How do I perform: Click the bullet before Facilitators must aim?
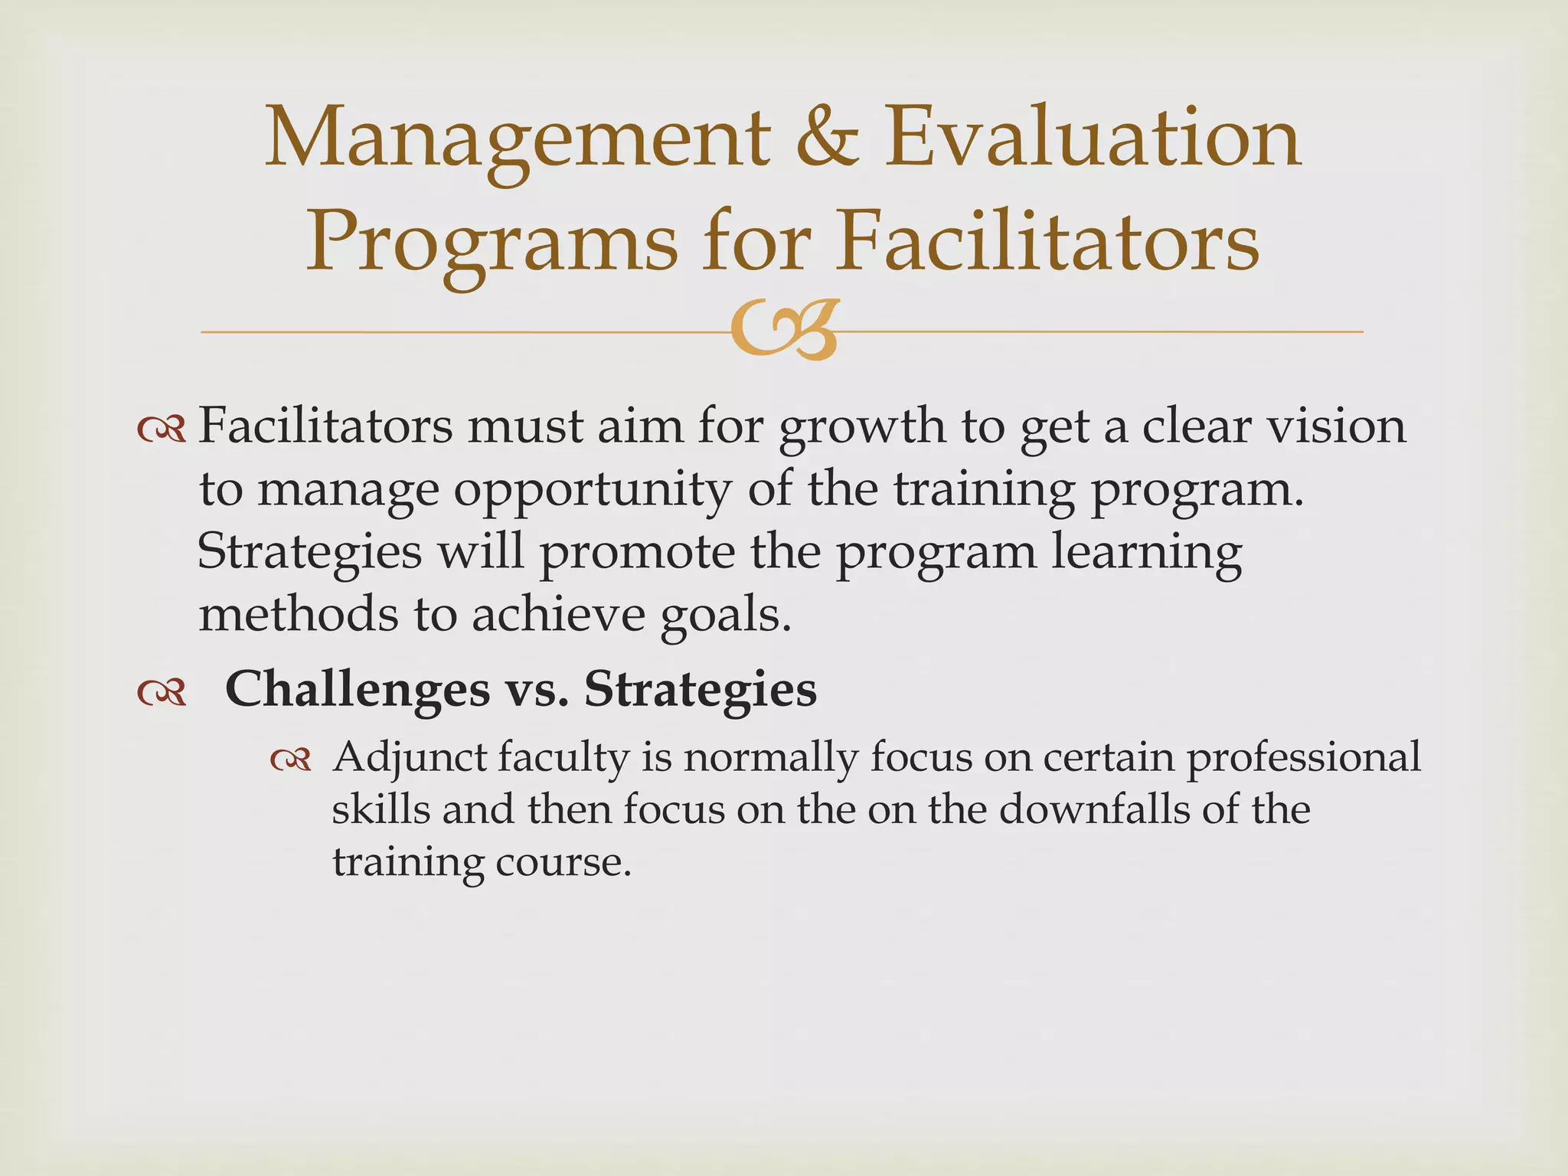162,430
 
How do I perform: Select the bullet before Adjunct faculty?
291,760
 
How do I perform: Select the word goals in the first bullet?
725,617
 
